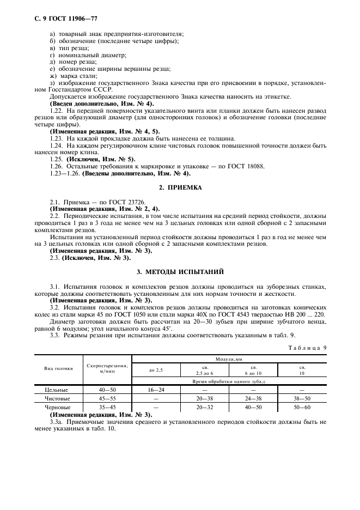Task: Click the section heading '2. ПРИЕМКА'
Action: point(180,187)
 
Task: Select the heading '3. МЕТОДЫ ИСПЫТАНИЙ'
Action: point(180,271)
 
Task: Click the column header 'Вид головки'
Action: point(58,369)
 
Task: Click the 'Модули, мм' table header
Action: point(228,360)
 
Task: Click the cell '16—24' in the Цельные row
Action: point(156,390)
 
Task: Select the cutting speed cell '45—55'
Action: point(106,398)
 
